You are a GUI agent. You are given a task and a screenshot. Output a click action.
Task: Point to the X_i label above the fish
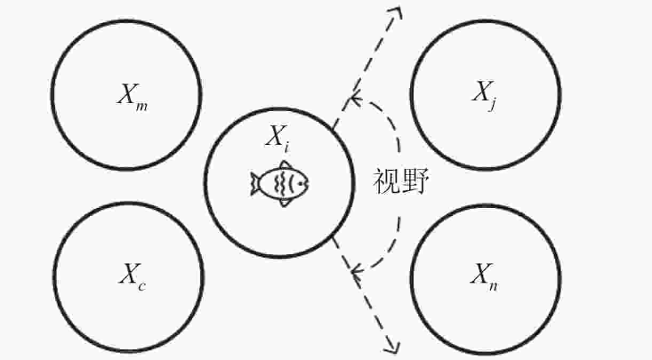(x=277, y=138)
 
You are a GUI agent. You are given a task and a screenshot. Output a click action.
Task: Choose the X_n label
(x=486, y=272)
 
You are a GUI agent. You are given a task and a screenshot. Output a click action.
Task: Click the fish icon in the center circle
(x=280, y=183)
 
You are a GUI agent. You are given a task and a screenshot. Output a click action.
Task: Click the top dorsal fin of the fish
(x=285, y=166)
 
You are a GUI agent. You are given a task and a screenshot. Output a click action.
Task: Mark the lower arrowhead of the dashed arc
(x=356, y=270)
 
